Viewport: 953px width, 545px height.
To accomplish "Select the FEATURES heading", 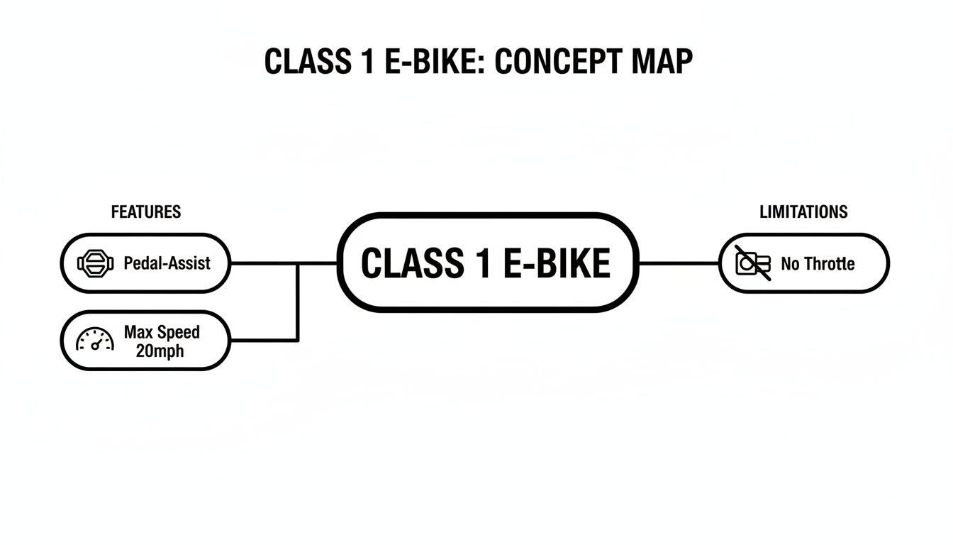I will pyautogui.click(x=146, y=212).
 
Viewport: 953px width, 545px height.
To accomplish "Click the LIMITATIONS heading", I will pyautogui.click(x=803, y=212).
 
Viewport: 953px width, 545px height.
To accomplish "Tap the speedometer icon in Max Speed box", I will pyautogui.click(x=95, y=340).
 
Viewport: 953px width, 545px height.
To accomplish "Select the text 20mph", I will pyautogui.click(x=162, y=350).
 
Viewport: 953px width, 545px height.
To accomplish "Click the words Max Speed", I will pyautogui.click(x=162, y=332).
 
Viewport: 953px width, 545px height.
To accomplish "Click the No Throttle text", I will pyautogui.click(x=818, y=264).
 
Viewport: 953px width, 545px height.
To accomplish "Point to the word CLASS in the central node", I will pyautogui.click(x=405, y=264).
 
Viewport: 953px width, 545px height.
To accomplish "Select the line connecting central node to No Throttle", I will pyautogui.click(x=679, y=263).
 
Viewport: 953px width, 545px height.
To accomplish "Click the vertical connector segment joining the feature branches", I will pyautogui.click(x=297, y=302).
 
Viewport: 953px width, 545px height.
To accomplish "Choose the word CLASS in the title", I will pyautogui.click(x=303, y=62).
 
